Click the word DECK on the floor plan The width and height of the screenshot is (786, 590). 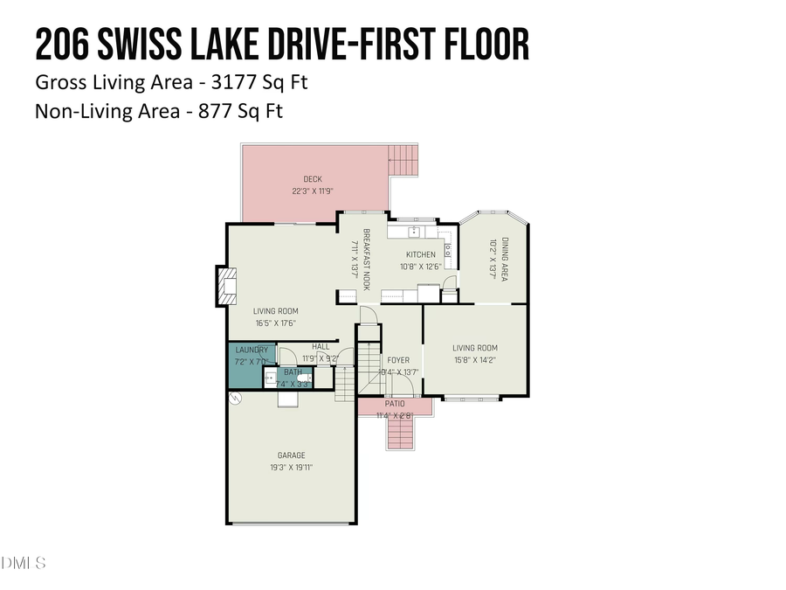[313, 179]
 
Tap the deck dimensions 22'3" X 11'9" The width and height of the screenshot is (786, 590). [313, 191]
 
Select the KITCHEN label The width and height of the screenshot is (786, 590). [420, 254]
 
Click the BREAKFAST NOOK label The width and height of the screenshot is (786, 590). [367, 260]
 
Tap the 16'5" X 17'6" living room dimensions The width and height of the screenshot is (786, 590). [276, 323]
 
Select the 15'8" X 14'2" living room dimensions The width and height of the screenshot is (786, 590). [475, 359]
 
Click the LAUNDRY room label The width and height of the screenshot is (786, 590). [252, 350]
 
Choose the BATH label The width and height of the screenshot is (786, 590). [293, 372]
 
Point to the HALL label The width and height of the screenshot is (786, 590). [321, 346]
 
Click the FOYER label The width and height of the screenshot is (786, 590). [398, 359]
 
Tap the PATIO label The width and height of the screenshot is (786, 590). [395, 404]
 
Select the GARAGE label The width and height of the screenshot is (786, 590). [291, 455]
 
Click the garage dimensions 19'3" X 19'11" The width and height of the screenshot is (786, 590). [291, 468]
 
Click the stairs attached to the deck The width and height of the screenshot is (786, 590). [403, 160]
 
